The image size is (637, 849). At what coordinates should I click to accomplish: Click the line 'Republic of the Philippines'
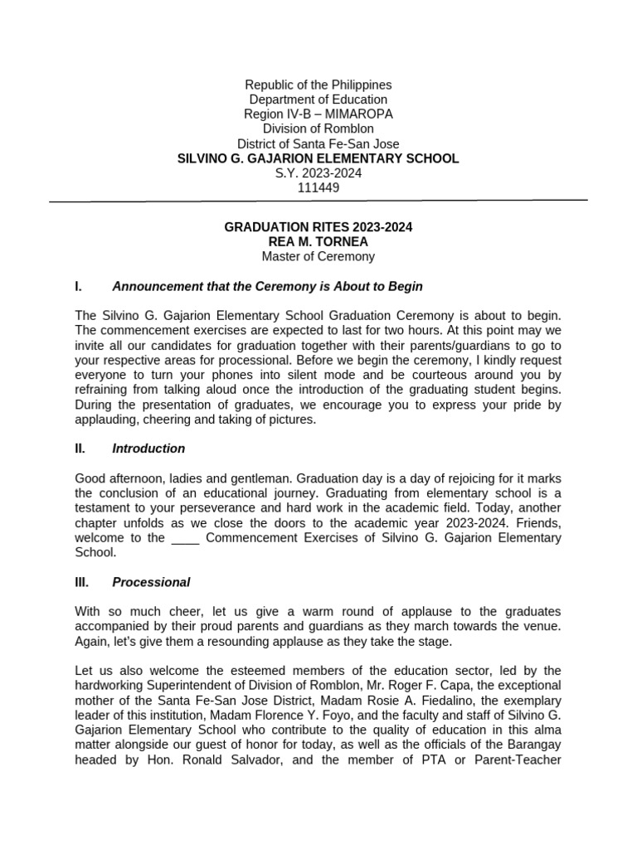[318, 85]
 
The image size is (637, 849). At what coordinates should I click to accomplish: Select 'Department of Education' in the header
[318, 99]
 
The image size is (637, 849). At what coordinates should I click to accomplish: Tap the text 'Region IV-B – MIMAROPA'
[318, 114]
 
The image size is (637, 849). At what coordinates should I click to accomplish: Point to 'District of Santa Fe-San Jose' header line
[318, 143]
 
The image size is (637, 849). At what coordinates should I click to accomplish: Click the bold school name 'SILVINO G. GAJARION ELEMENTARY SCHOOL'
[318, 158]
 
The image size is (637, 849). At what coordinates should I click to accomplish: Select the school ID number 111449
[318, 187]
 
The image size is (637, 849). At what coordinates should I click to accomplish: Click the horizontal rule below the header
[318, 201]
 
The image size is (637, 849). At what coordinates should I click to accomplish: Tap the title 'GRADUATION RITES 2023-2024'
[318, 227]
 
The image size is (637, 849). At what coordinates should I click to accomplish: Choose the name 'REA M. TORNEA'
[318, 241]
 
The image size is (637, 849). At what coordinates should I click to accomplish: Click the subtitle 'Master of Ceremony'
[318, 256]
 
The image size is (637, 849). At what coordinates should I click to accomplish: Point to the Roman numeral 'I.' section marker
[78, 286]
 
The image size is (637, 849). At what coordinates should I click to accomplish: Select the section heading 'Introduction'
[148, 449]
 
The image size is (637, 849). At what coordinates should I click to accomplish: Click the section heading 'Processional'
[151, 582]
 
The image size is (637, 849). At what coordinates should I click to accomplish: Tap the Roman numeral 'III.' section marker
[81, 582]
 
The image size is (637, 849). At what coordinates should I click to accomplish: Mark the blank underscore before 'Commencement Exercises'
[185, 537]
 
